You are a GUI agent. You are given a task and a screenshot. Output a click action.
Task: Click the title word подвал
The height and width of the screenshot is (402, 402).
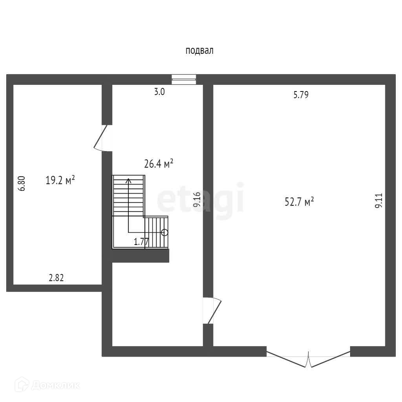pos(199,51)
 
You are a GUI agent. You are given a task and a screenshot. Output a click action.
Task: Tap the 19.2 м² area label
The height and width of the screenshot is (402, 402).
pos(60,181)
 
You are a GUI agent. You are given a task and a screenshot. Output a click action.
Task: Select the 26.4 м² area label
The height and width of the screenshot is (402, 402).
pos(159,164)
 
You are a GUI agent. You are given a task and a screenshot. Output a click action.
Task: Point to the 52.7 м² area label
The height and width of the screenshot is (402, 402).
pos(299,202)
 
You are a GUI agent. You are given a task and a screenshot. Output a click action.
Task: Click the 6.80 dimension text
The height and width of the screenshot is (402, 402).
pos(22,183)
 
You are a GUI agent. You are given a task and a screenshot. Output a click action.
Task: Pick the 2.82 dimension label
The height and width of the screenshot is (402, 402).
pos(56,278)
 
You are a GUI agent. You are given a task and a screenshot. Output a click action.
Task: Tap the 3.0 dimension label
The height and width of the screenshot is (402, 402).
pos(159,93)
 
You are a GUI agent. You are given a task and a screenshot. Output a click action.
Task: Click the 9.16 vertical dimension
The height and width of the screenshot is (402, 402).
pos(197,199)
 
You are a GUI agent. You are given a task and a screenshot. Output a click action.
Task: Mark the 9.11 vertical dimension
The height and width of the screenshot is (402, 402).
pos(378,200)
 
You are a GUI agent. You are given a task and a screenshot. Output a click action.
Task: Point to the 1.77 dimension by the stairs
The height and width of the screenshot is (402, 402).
pos(141,242)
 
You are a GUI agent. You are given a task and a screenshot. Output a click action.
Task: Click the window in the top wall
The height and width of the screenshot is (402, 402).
pos(184,79)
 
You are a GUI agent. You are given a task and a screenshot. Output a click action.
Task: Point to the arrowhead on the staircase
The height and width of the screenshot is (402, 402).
pos(128,181)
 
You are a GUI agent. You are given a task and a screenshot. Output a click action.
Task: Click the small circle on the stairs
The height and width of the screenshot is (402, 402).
pos(165,232)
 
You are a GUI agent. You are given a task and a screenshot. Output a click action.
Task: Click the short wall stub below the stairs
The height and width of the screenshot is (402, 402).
pos(140,256)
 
